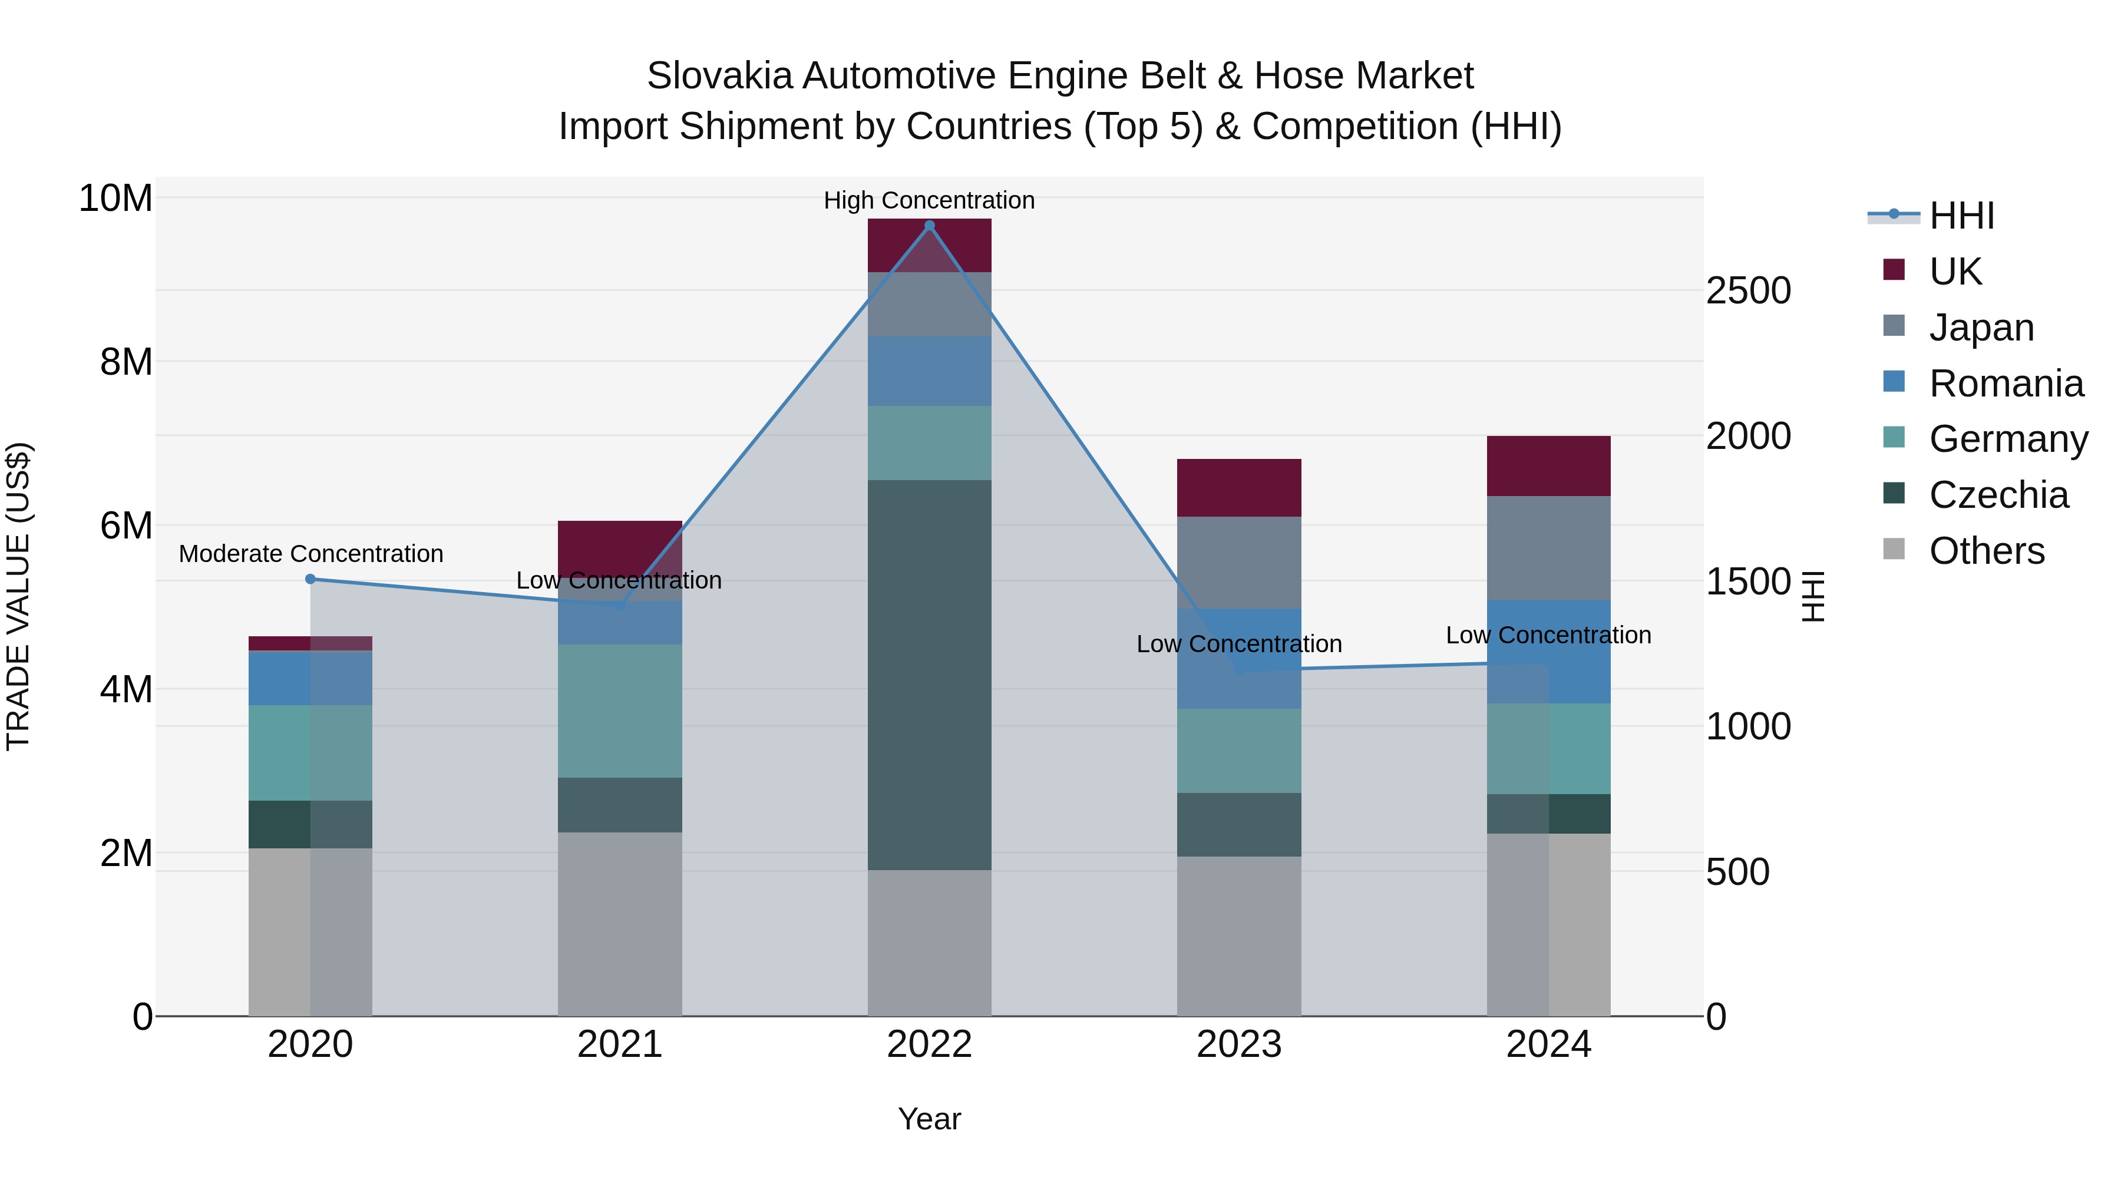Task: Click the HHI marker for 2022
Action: (930, 226)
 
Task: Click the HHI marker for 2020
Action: (310, 579)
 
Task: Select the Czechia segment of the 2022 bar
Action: (930, 675)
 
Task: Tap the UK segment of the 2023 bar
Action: (1239, 487)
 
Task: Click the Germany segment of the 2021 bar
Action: (620, 710)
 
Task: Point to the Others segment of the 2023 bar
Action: (1239, 936)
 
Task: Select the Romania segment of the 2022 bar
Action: (930, 371)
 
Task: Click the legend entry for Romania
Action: (2006, 384)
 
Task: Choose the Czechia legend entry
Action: (1998, 495)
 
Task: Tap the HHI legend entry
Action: (1961, 216)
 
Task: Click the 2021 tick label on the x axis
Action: (620, 1045)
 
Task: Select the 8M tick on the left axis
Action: (126, 362)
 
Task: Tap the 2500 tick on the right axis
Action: (1748, 290)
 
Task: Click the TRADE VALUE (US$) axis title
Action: (18, 596)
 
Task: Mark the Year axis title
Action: (930, 1119)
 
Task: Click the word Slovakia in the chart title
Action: (719, 76)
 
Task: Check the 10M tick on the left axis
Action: (115, 199)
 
